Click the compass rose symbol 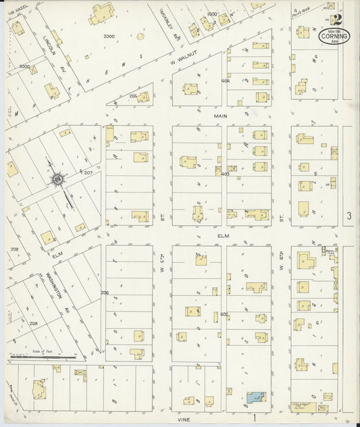point(58,179)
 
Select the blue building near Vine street point(255,398)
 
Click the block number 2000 point(109,36)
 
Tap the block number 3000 point(24,66)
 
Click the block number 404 point(225,81)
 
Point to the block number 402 point(224,314)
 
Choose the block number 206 point(105,292)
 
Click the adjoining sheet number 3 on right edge point(349,216)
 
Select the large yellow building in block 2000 point(102,13)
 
